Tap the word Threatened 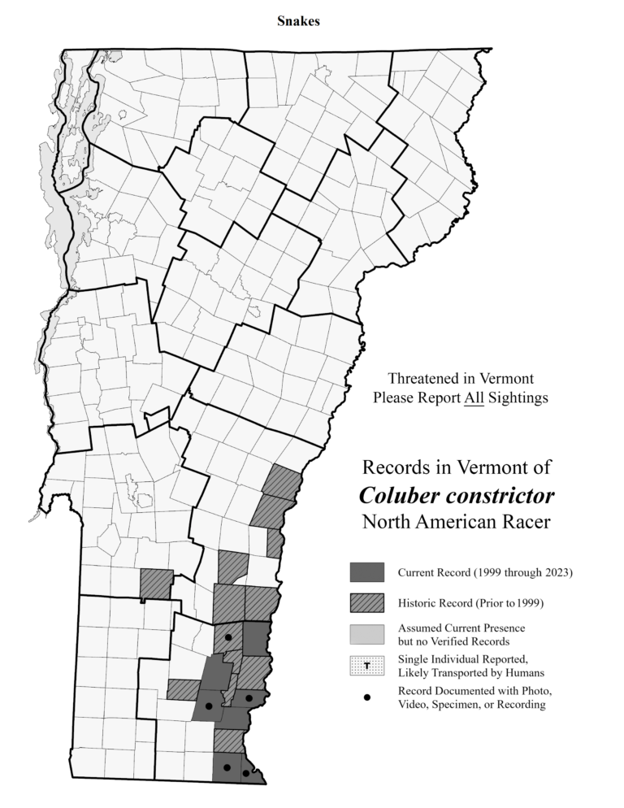[425, 379]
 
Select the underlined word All [474, 398]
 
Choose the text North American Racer [456, 521]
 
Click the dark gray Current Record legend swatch [366, 572]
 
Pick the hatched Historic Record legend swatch [366, 603]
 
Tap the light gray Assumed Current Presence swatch [366, 634]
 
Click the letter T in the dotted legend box [367, 666]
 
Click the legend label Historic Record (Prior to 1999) [469, 603]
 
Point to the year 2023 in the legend [560, 572]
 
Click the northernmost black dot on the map [229, 638]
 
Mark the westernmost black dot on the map [209, 706]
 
